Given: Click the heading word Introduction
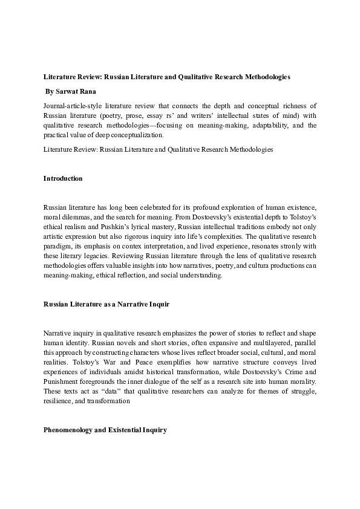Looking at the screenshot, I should (63, 179).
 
